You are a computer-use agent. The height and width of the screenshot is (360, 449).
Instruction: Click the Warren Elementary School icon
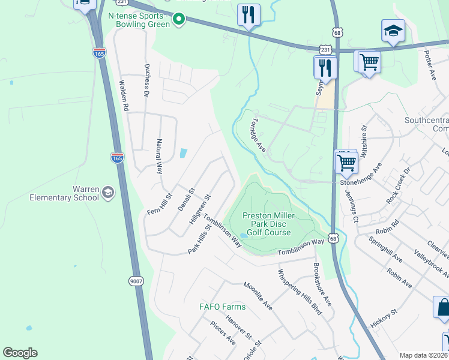tap(108, 192)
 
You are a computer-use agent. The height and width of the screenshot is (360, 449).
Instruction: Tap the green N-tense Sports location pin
tap(178, 20)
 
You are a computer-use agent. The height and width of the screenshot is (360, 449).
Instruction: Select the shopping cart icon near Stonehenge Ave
tap(346, 161)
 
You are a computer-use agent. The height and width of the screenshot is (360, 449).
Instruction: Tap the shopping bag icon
tap(443, 307)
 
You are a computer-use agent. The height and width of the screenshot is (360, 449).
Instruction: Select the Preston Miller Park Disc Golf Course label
tap(267, 224)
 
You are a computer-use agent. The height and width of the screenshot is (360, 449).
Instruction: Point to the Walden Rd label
tap(125, 96)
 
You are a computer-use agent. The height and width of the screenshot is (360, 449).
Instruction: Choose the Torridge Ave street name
tap(258, 133)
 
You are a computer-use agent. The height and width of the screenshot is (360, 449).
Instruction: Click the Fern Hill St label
tap(160, 204)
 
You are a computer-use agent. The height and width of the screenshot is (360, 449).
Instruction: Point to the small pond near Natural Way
tap(182, 153)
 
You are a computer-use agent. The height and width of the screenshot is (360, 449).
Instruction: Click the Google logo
tap(20, 353)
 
